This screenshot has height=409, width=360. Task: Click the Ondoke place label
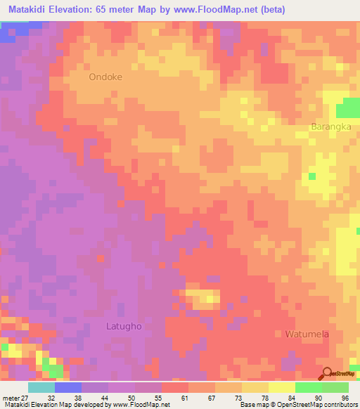(105, 78)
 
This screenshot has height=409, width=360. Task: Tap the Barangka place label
(330, 127)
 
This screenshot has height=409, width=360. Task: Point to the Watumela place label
(307, 335)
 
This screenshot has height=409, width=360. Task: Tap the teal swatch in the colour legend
(41, 387)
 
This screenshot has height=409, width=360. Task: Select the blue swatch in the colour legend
(68, 387)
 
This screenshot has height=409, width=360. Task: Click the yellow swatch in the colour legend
(282, 387)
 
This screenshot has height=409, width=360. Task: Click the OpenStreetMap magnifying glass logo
(326, 374)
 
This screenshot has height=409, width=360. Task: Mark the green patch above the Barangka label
(347, 109)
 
